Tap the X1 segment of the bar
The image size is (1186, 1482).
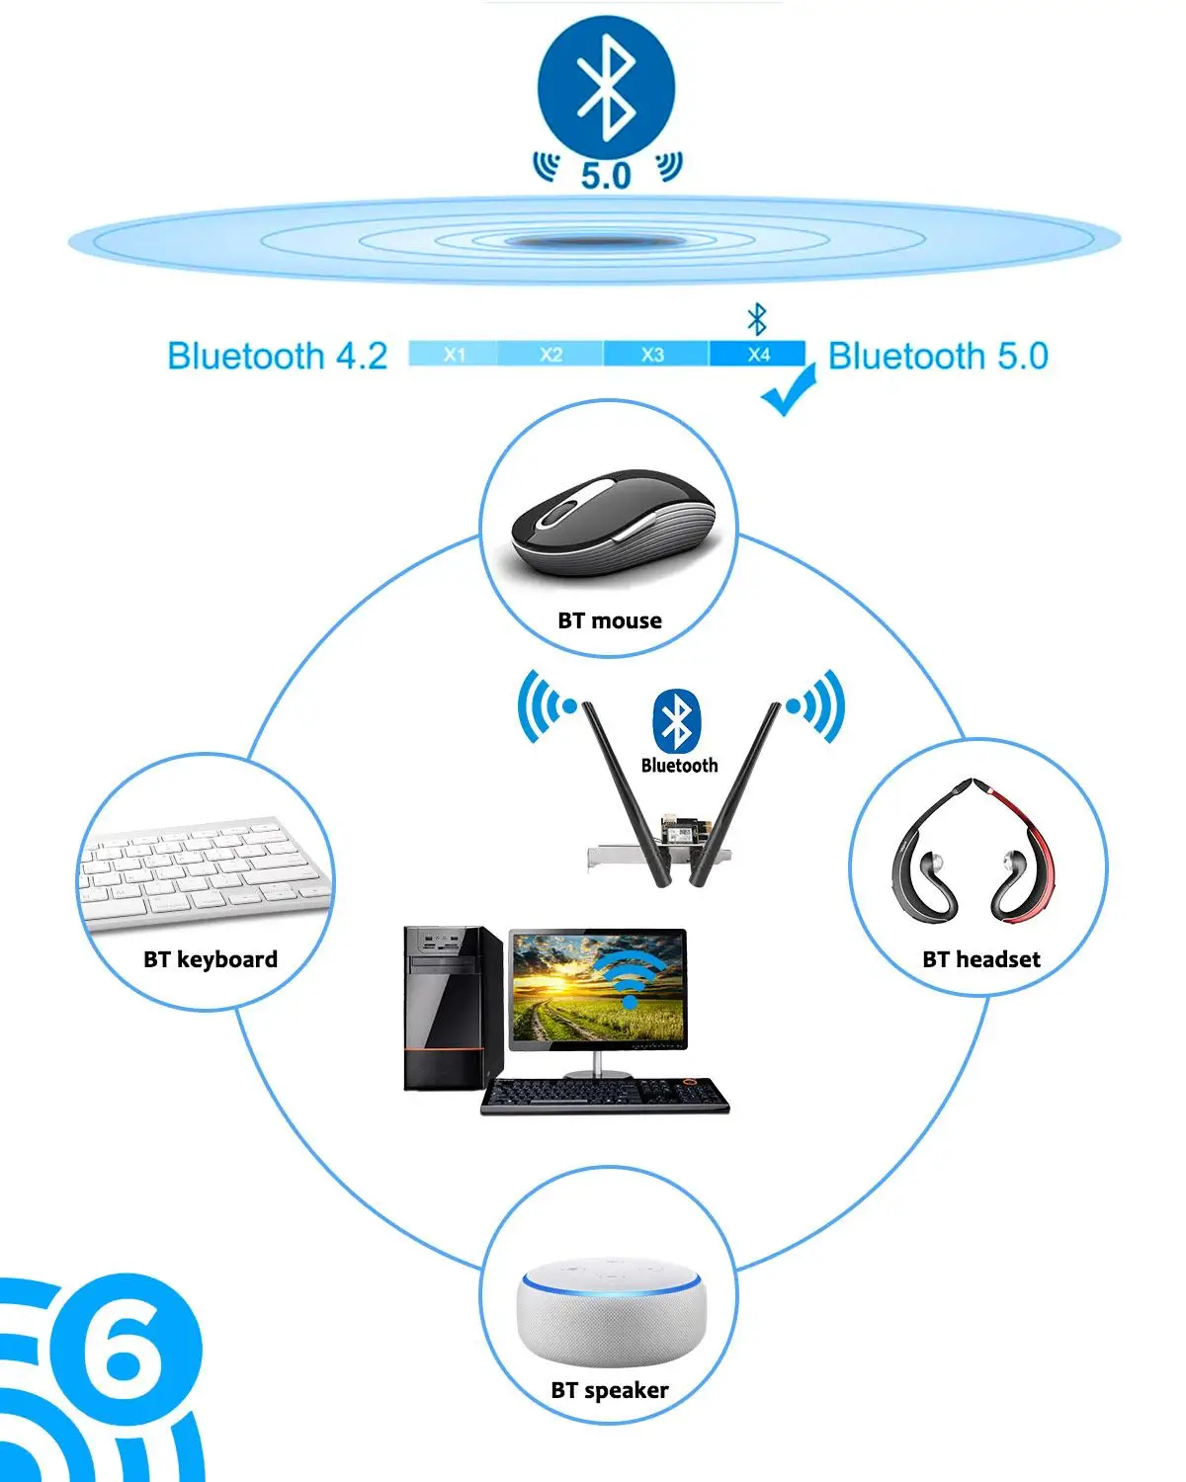[x=454, y=354]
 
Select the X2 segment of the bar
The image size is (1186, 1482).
[x=551, y=354]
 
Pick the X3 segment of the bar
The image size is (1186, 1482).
[x=652, y=354]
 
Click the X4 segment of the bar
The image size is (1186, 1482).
[x=758, y=354]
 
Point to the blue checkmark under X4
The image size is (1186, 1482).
[x=788, y=392]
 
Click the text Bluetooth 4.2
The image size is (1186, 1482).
[x=278, y=356]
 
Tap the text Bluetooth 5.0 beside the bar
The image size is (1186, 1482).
[x=938, y=356]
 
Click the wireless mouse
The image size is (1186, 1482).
[x=613, y=524]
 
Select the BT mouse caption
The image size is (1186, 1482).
[x=610, y=620]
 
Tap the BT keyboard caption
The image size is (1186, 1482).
[x=211, y=959]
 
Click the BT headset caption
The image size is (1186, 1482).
[x=981, y=959]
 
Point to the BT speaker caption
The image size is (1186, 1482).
[x=610, y=1390]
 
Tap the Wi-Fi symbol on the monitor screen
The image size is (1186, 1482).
[x=630, y=978]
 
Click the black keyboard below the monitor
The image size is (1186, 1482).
[x=605, y=1095]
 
